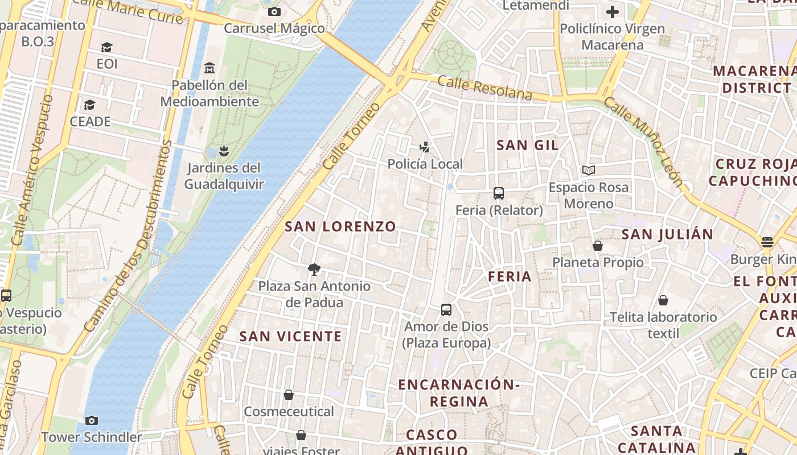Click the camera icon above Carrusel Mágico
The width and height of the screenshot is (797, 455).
(x=274, y=11)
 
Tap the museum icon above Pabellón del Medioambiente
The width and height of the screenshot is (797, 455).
(x=209, y=68)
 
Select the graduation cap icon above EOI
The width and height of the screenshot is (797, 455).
(x=106, y=47)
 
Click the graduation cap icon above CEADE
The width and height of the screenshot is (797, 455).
(x=89, y=105)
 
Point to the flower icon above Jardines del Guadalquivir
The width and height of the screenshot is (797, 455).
(x=224, y=151)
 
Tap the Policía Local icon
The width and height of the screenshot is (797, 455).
(x=424, y=147)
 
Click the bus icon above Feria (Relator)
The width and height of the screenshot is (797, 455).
(x=499, y=193)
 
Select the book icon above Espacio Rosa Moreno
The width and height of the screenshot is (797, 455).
(x=588, y=171)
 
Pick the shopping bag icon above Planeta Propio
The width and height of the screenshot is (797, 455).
(x=598, y=246)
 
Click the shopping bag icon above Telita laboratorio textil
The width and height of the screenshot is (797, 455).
(x=663, y=300)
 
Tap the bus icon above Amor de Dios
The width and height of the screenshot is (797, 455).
(x=446, y=310)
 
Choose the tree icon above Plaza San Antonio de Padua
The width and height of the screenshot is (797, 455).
(x=314, y=270)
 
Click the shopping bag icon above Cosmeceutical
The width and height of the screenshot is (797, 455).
(x=289, y=395)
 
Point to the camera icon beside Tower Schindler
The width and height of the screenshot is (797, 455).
(x=91, y=421)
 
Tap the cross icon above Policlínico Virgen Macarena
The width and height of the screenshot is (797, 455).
(x=613, y=11)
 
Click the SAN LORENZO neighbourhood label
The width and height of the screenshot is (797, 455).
(x=340, y=226)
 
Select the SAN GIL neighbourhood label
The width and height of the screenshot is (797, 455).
(x=528, y=145)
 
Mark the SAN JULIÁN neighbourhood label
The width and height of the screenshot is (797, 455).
(x=667, y=234)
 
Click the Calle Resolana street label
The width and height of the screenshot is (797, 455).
(x=485, y=89)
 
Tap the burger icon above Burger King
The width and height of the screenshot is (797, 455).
(x=767, y=242)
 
